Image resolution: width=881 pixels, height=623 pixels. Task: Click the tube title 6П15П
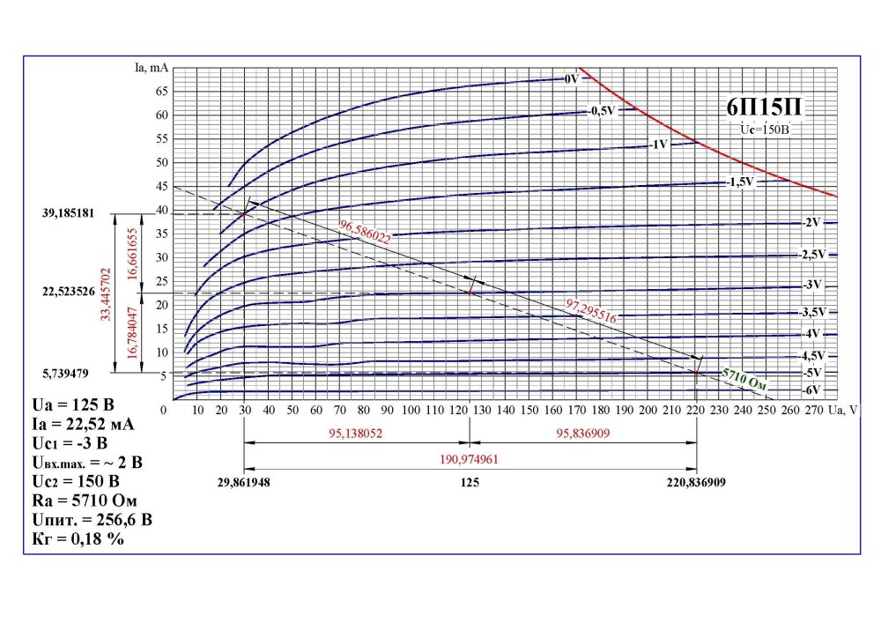click(763, 108)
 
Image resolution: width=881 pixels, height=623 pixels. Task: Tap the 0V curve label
click(571, 79)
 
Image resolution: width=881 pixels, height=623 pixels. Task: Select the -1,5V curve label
click(740, 182)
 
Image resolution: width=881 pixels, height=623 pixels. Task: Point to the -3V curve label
click(812, 285)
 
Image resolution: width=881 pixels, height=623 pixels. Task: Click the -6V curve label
click(812, 389)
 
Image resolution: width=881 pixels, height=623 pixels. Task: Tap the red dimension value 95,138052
click(354, 434)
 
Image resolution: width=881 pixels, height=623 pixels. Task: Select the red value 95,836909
click(582, 434)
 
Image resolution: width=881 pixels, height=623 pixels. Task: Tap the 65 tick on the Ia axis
click(160, 92)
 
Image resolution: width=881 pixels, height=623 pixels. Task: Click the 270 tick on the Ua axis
click(815, 410)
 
